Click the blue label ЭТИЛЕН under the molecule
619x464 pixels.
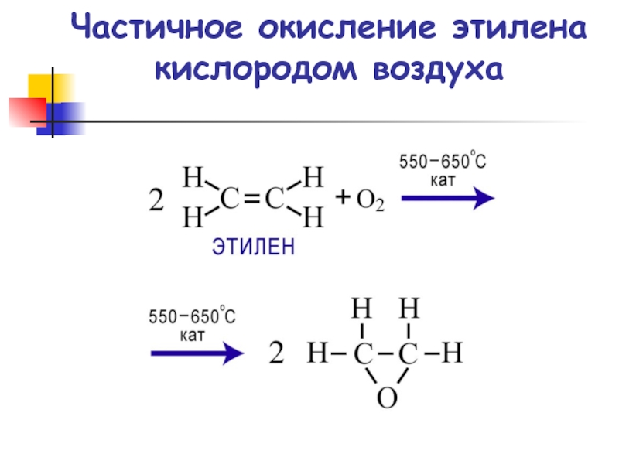point(255,247)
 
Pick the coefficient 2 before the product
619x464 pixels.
point(276,355)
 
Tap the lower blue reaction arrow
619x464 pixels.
point(197,354)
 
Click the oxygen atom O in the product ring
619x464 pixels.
point(386,397)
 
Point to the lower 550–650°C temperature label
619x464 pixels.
point(192,318)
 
